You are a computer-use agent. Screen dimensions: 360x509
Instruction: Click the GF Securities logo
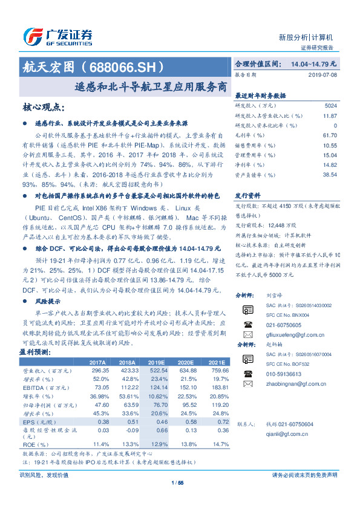[x=58, y=34]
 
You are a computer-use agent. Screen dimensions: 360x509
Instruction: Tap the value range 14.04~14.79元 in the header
[x=313, y=63]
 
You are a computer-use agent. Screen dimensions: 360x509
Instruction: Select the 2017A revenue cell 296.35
[x=100, y=369]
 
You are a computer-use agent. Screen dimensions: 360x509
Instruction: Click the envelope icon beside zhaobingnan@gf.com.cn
[x=247, y=383]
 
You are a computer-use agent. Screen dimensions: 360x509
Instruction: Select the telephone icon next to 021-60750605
[x=247, y=323]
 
